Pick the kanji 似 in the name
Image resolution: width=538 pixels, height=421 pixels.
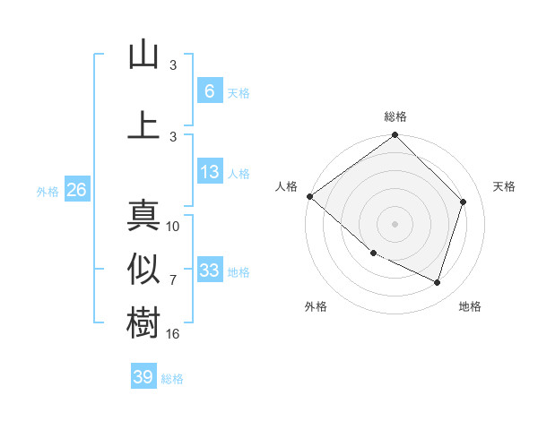[143, 270]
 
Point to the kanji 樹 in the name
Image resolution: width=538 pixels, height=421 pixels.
[143, 323]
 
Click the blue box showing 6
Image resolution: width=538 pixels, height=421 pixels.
[209, 90]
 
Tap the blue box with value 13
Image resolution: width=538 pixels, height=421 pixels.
[209, 172]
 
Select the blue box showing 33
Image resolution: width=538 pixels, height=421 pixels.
[209, 271]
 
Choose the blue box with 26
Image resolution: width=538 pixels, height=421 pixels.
[76, 190]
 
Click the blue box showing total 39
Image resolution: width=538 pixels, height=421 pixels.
[143, 377]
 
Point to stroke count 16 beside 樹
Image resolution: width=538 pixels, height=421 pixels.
[174, 333]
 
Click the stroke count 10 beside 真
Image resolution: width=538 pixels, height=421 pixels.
[174, 226]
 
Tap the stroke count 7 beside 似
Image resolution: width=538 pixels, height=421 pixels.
[173, 279]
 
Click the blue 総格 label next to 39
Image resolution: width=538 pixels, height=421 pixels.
[173, 379]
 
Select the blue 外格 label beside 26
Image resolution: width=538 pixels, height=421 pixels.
[48, 191]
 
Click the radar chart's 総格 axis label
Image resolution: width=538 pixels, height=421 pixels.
[395, 116]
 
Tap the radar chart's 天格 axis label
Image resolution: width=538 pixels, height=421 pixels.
[505, 186]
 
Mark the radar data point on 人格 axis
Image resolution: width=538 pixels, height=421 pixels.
[309, 196]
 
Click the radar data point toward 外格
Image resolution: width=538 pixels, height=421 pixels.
[373, 253]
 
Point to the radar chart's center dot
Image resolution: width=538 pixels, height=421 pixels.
[395, 224]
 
